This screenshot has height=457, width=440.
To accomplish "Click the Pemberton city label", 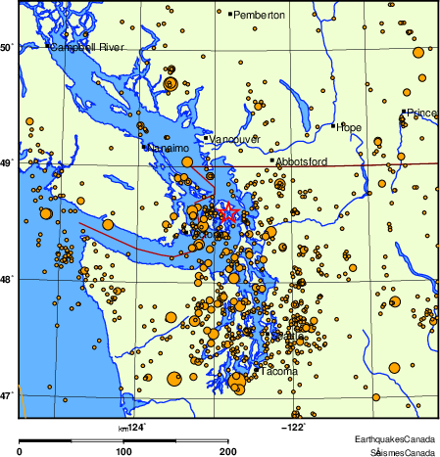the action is tap(260, 15).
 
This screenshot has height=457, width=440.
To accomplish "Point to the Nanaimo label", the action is tap(166, 148).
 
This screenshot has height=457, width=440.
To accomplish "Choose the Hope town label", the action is tap(349, 127).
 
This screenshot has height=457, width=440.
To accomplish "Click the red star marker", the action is tap(228, 212).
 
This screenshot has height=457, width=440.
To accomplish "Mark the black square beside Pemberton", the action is tap(229, 15).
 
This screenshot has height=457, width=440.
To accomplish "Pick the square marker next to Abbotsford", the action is tap(271, 160).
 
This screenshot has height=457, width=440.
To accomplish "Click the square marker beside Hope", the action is tap(334, 126).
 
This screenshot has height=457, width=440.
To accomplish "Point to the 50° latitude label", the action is tap(7, 47).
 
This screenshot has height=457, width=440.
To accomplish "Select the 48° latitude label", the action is tap(7, 279).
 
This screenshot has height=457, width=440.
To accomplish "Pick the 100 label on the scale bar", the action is tap(123, 451).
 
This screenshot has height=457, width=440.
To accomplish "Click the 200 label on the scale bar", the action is tap(228, 451).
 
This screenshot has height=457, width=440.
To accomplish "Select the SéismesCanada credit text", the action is tap(403, 452).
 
